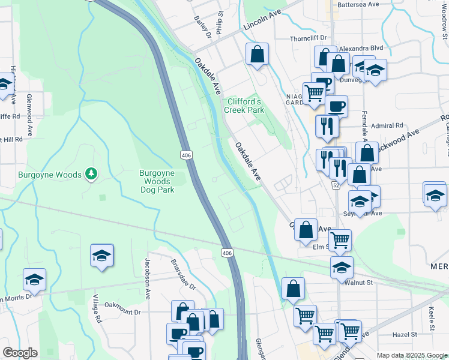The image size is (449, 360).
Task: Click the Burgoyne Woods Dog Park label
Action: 157,181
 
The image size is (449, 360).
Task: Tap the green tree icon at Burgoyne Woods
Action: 91,174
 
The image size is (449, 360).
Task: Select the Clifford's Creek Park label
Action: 244,106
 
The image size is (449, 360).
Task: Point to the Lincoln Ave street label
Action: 262,22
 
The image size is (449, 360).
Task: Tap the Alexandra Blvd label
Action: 361,48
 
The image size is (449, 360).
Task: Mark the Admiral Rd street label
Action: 387,125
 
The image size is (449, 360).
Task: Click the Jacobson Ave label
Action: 146,278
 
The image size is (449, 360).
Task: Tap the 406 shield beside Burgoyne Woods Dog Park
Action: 186,155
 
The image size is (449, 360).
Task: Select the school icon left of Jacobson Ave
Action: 102,256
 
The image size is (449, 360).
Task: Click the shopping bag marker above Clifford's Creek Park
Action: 257,55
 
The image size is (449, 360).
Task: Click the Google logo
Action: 20,353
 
